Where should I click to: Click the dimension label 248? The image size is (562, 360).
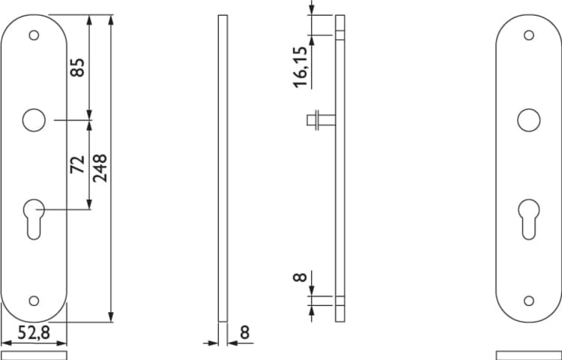coord(100,168)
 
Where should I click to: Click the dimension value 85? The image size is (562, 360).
coord(77,67)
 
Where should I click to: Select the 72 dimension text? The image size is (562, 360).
coord(77,164)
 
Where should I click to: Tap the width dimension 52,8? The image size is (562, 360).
coord(34,333)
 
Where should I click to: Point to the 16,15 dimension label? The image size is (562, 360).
coord(300,67)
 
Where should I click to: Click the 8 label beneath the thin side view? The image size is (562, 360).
coord(244,333)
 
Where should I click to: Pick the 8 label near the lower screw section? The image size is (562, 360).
coord(300,277)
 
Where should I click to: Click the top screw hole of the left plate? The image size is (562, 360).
coord(34,35)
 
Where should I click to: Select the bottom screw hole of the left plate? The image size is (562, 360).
coord(34,301)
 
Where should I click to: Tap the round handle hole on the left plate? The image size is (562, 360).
coord(34,120)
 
